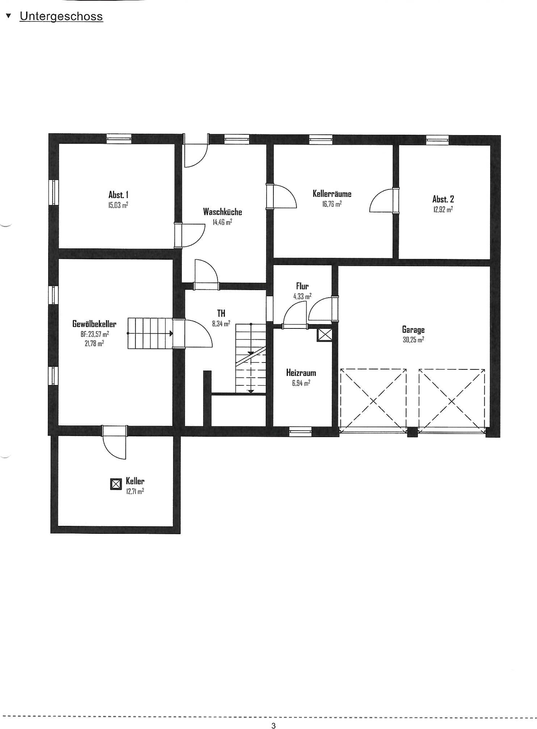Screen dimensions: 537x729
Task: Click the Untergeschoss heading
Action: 61,17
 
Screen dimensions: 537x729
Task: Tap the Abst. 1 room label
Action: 118,195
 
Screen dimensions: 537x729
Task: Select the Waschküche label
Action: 223,212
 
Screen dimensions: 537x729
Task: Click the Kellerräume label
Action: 332,194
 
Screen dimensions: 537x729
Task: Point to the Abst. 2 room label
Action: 443,199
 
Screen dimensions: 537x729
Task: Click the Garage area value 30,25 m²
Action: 413,340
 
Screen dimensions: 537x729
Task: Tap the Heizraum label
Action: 301,373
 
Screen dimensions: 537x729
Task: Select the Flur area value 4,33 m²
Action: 302,296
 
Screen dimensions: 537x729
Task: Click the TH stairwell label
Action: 221,313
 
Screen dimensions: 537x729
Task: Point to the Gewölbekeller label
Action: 94,324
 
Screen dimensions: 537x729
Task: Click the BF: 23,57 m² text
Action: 95,334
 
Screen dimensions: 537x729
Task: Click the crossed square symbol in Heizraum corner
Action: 325,335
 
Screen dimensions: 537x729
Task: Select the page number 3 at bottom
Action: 273,726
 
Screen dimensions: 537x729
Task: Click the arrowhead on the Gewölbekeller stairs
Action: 171,333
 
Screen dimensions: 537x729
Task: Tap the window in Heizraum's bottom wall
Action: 300,430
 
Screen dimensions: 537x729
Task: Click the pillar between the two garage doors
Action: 412,432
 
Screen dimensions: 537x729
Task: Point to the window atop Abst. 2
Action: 437,139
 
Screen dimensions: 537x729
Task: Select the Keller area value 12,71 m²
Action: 135,491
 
